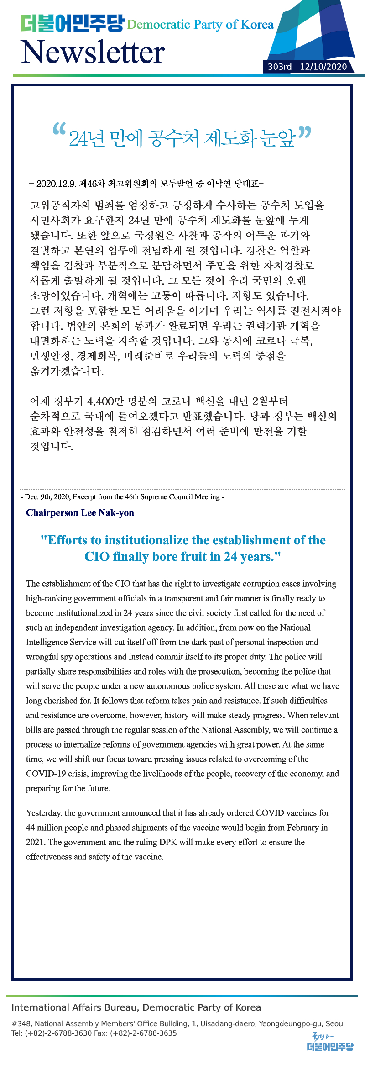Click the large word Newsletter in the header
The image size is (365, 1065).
[93, 52]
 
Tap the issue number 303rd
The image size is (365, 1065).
[279, 67]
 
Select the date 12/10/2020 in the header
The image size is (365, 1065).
[323, 67]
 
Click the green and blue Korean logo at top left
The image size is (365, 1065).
[72, 23]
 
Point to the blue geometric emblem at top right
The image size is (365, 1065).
[315, 32]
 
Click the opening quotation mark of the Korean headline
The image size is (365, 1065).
[59, 130]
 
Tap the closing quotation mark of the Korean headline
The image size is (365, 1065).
[304, 133]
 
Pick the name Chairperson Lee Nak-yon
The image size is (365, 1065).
[80, 512]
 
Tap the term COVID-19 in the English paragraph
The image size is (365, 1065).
[46, 774]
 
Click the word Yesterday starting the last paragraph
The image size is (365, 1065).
[44, 813]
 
